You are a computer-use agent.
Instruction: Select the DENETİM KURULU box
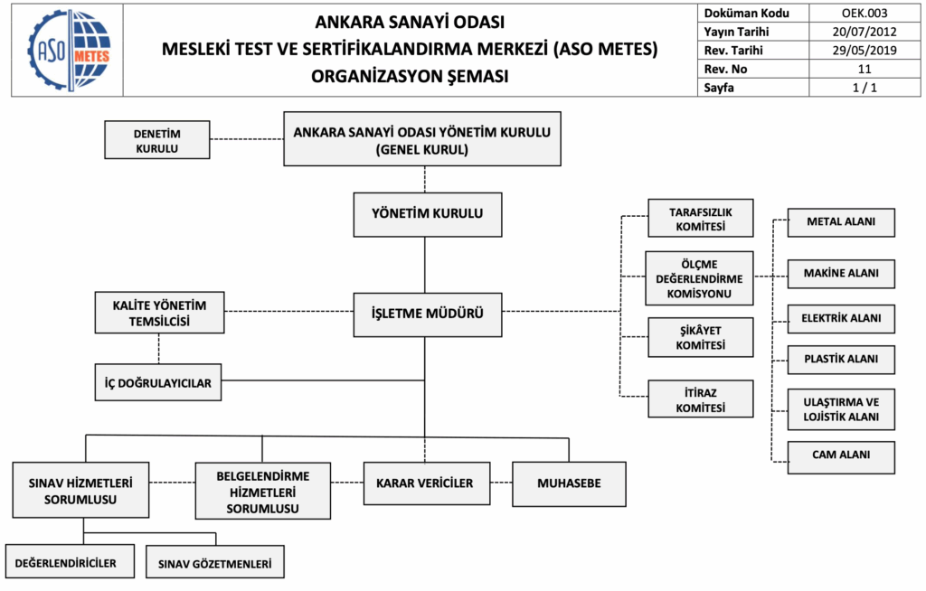click(157, 140)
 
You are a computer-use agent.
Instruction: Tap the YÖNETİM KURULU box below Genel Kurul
click(427, 214)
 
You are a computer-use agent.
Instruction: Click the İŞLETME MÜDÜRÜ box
click(427, 314)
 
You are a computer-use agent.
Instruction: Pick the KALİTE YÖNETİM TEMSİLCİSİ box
click(159, 312)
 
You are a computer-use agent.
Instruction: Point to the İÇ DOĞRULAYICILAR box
click(158, 382)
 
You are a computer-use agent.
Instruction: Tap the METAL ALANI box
click(841, 222)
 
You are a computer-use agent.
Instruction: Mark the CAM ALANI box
click(841, 455)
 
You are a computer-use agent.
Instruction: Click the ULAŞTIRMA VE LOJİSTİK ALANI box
click(841, 408)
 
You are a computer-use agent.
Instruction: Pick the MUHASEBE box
click(569, 483)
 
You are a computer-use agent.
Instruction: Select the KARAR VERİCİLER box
click(425, 483)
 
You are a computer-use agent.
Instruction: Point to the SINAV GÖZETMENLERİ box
click(215, 562)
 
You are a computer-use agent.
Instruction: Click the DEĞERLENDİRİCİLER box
click(69, 562)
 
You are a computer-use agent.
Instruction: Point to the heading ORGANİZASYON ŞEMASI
click(410, 76)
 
